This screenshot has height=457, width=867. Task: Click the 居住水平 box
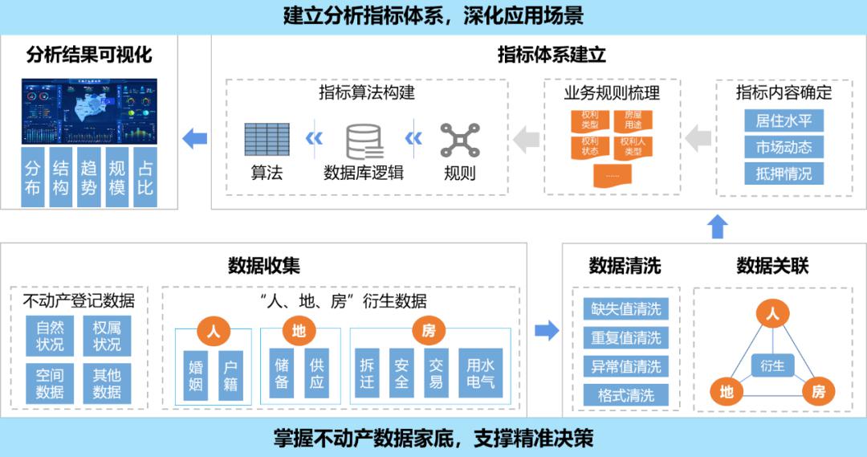click(x=784, y=121)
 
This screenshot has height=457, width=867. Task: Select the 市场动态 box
click(x=784, y=147)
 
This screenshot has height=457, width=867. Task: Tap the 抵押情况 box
click(x=784, y=173)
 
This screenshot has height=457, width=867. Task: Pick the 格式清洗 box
click(x=625, y=395)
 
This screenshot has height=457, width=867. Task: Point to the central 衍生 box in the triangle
click(x=772, y=366)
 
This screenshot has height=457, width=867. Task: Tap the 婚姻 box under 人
click(x=195, y=375)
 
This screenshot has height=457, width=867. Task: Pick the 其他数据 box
click(x=107, y=383)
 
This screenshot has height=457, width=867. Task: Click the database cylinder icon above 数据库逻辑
click(x=364, y=141)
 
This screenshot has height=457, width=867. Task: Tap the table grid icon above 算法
click(x=267, y=140)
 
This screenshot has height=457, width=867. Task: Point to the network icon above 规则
click(x=460, y=141)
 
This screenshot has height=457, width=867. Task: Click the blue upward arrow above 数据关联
click(x=718, y=226)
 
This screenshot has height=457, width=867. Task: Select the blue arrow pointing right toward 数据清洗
click(x=547, y=330)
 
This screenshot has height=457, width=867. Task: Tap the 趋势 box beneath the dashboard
click(x=88, y=177)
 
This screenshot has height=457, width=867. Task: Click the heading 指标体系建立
click(x=552, y=55)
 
